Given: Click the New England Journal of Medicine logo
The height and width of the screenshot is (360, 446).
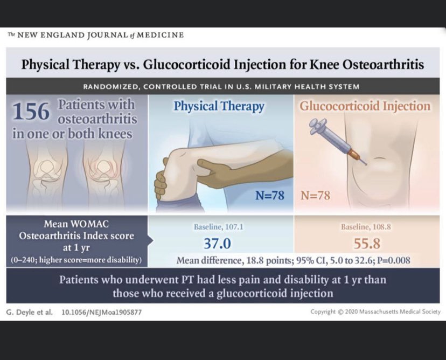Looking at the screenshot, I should (96, 35).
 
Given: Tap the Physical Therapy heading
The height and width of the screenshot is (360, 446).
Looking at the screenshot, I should (219, 106).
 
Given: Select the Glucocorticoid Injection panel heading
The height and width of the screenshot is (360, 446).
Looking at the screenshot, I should (365, 106).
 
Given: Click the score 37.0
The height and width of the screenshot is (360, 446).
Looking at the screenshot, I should (217, 244).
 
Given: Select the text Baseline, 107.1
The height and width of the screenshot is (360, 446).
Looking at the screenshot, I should (218, 227).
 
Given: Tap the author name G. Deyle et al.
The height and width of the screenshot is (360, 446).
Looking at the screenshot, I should (30, 312).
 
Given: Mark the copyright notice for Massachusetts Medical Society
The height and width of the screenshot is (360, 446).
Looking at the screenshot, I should (375, 312).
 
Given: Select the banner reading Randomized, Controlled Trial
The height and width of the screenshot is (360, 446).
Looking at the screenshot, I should (223, 87).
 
